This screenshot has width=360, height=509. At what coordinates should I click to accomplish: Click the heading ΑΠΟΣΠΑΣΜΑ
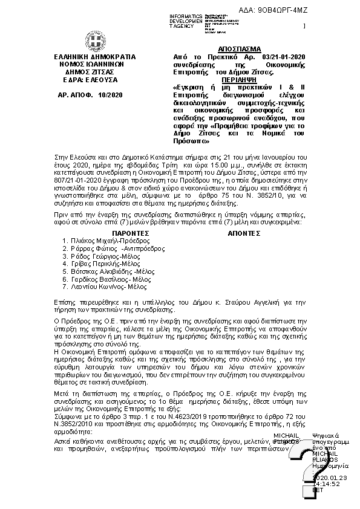[x=238, y=49]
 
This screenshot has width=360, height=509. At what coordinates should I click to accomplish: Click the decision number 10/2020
[x=110, y=95]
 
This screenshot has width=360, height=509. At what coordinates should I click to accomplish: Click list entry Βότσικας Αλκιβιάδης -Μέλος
[x=113, y=273]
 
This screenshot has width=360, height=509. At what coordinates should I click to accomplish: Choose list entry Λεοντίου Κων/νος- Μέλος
[x=108, y=288]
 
